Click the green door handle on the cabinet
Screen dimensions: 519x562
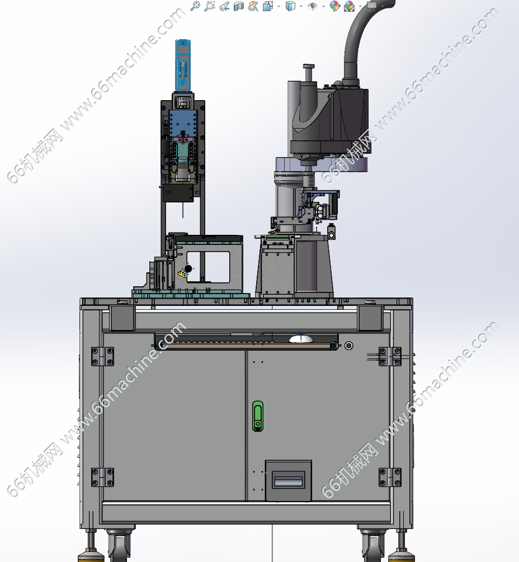click(258, 415)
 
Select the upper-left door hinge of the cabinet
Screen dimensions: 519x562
click(102, 356)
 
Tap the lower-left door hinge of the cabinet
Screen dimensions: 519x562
click(102, 477)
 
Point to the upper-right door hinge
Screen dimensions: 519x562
click(390, 356)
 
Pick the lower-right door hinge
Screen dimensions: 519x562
click(390, 477)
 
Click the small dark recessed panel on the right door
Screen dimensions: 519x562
click(288, 480)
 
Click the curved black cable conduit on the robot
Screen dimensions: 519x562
click(362, 40)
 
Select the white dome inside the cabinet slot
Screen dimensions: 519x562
click(301, 339)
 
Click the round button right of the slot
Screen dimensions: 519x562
click(348, 346)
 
